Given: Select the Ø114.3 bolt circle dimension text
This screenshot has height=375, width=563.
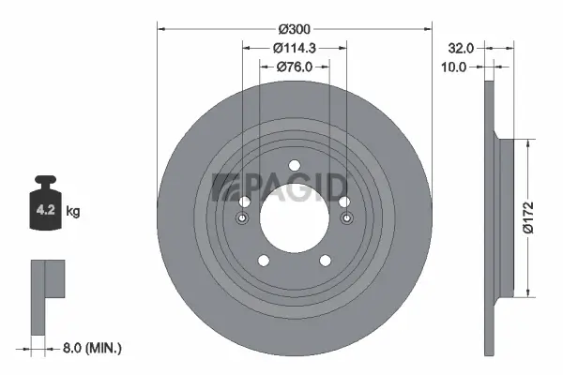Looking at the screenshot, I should (x=294, y=48).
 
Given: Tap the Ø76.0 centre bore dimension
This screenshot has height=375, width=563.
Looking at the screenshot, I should (x=294, y=67).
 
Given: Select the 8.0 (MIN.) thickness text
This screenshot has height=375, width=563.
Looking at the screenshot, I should (x=91, y=349).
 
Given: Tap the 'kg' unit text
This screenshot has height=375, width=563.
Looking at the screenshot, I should (x=73, y=212).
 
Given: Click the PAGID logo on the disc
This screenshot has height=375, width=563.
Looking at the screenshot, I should (x=281, y=187).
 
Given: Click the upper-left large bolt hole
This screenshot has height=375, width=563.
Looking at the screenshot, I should (x=247, y=203).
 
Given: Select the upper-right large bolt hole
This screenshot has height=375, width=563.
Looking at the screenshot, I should (x=342, y=203).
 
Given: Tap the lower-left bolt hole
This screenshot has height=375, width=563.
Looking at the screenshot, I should (x=265, y=262).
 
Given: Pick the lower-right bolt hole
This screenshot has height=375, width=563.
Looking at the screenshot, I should (x=324, y=262).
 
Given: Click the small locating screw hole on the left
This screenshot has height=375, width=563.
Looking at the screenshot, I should (x=242, y=219).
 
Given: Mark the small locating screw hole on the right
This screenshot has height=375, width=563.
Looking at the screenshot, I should (x=347, y=219).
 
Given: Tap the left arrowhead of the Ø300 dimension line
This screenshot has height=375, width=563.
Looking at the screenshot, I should (x=160, y=28).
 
